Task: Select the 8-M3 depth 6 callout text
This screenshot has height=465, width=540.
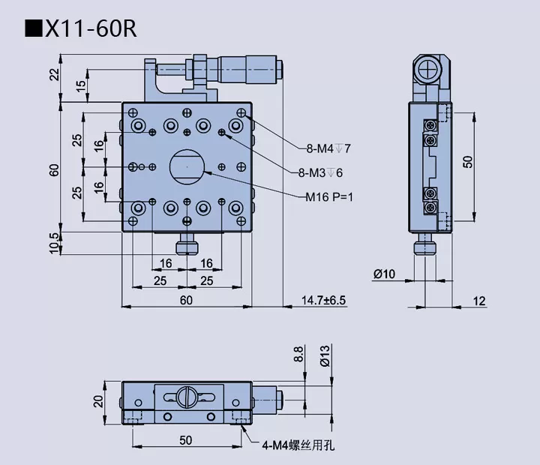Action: point(320,173)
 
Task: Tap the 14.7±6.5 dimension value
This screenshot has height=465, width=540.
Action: point(324,300)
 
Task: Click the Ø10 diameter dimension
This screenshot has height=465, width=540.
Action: point(384,274)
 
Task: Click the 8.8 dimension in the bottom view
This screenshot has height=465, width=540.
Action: point(300,354)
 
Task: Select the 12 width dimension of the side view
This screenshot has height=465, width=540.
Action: point(480,301)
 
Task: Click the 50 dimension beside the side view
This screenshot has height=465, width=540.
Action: point(468,161)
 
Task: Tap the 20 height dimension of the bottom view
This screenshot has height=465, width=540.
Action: point(98,400)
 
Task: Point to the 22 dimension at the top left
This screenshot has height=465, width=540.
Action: point(54,74)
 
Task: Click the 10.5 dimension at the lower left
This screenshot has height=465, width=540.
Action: point(54,242)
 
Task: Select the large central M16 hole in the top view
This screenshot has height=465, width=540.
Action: point(187,166)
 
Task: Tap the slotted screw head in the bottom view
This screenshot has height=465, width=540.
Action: point(187,394)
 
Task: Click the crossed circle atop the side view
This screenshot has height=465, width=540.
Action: point(430,73)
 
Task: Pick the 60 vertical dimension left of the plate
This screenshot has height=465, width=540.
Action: point(54,170)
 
